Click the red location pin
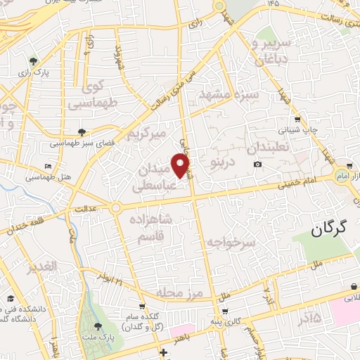click(x=181, y=166)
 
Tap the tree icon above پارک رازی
click(x=32, y=62)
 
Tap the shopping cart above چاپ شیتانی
click(x=298, y=119)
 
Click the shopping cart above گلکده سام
click(x=142, y=306)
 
